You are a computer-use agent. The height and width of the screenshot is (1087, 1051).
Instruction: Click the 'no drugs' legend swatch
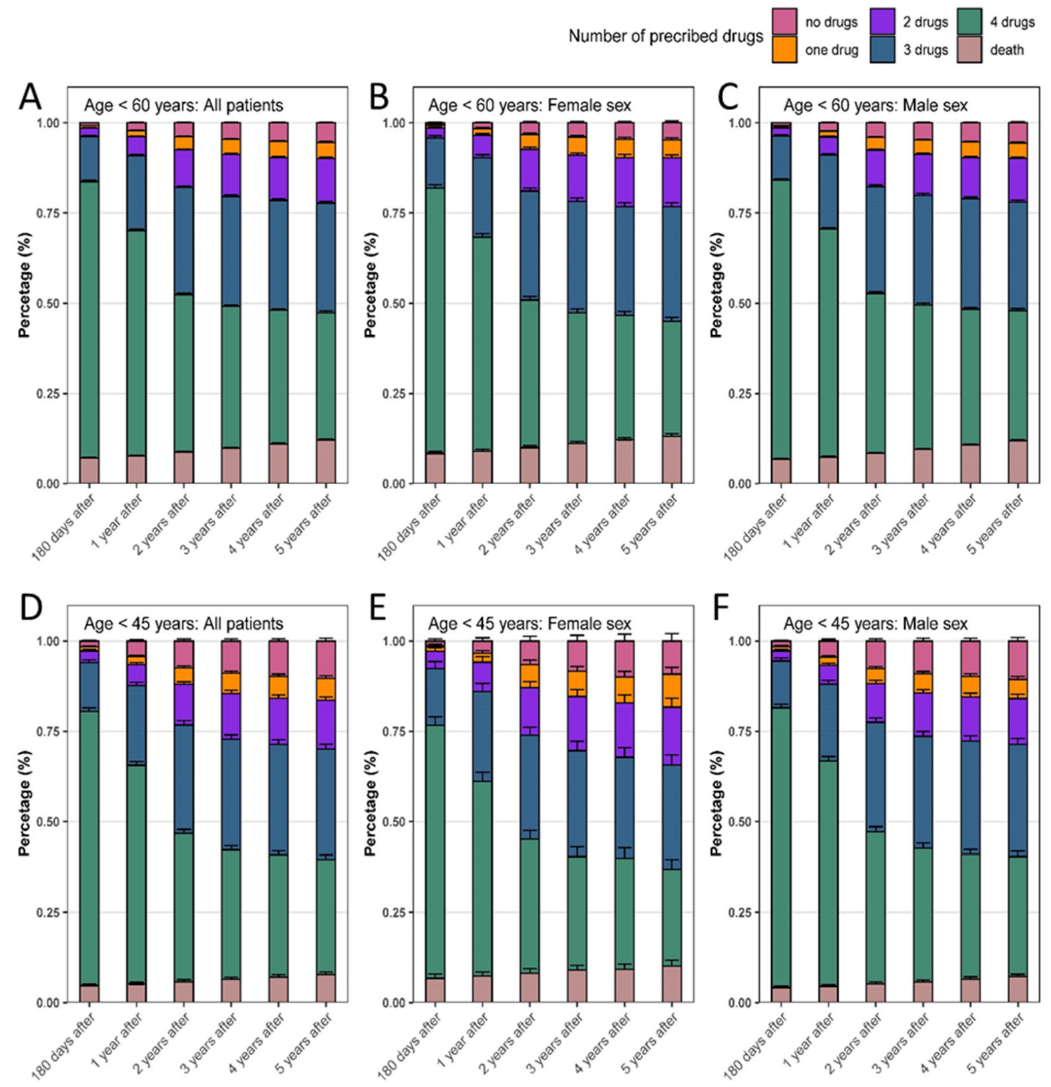coord(784,21)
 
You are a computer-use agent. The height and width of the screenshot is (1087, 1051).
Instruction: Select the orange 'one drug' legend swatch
coord(784,49)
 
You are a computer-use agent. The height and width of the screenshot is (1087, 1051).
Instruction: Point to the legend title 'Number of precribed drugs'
coord(666,36)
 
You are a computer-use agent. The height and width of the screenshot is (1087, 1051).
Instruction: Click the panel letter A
coord(30,97)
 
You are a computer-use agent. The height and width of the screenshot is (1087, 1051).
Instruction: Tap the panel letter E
coord(378,610)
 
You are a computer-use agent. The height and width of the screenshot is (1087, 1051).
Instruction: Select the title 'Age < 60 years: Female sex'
coord(530,105)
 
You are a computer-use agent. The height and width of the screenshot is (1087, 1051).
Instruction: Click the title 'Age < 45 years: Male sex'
coord(875,624)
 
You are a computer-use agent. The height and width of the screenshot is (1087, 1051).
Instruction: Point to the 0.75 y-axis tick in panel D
coord(48,732)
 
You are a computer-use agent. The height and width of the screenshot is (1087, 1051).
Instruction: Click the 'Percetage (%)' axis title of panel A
coord(25,285)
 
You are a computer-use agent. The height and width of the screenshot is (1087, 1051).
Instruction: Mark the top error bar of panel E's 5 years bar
coord(672,634)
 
